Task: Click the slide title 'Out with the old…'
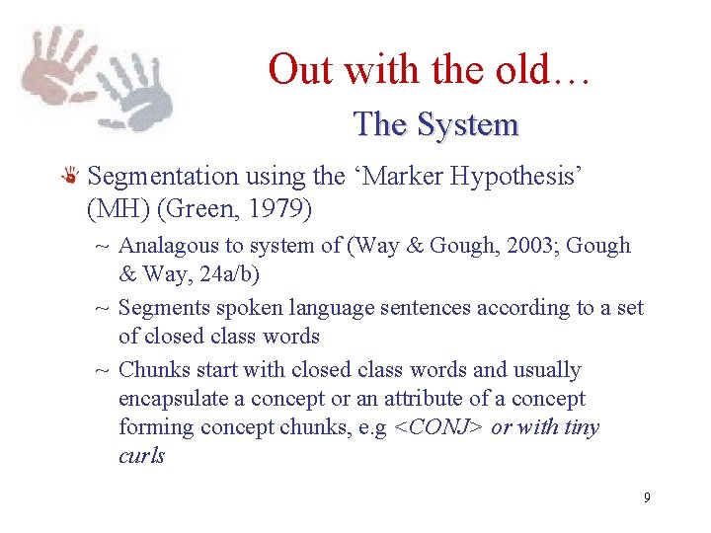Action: pyautogui.click(x=429, y=70)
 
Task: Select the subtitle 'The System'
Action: pyautogui.click(x=435, y=124)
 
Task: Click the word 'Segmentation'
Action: pyautogui.click(x=163, y=177)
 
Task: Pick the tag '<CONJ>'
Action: pyautogui.click(x=435, y=427)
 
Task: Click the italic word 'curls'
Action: pyautogui.click(x=141, y=456)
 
